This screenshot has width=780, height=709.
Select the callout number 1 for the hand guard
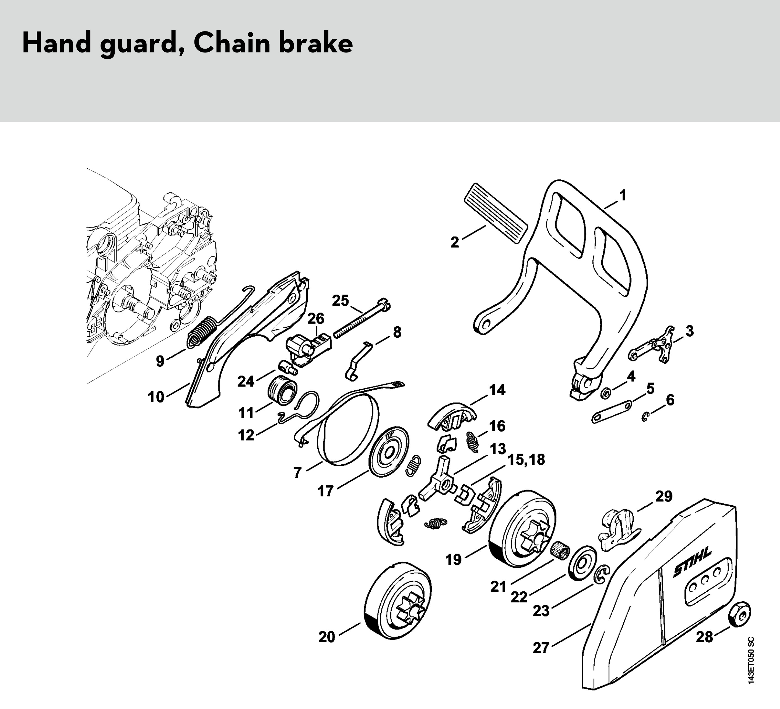tap(623, 195)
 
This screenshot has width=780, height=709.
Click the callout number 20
tap(327, 637)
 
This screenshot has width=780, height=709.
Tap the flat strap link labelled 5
tap(611, 412)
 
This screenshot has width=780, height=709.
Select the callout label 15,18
tap(526, 460)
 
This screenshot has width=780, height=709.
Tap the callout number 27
tap(541, 648)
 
